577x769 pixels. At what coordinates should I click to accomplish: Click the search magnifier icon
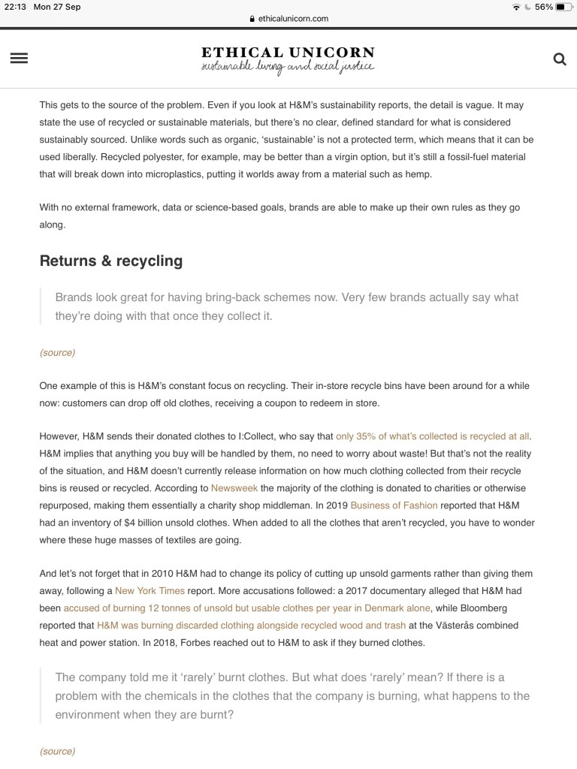point(559,59)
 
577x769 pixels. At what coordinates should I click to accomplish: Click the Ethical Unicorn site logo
point(288,59)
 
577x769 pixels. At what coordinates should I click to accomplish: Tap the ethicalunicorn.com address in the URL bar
point(292,19)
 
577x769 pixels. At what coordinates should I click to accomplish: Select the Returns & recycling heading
point(111,261)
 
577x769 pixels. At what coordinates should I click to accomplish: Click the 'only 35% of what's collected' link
point(432,436)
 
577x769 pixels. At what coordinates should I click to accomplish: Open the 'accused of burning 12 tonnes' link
point(246,608)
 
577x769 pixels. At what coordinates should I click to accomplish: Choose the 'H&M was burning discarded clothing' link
point(251,626)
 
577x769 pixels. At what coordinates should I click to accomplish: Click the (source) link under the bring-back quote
point(57,353)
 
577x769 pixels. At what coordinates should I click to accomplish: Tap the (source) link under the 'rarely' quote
point(57,751)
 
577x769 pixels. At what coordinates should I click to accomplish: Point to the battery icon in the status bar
point(564,7)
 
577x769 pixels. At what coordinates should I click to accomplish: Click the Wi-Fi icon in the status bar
point(516,7)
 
